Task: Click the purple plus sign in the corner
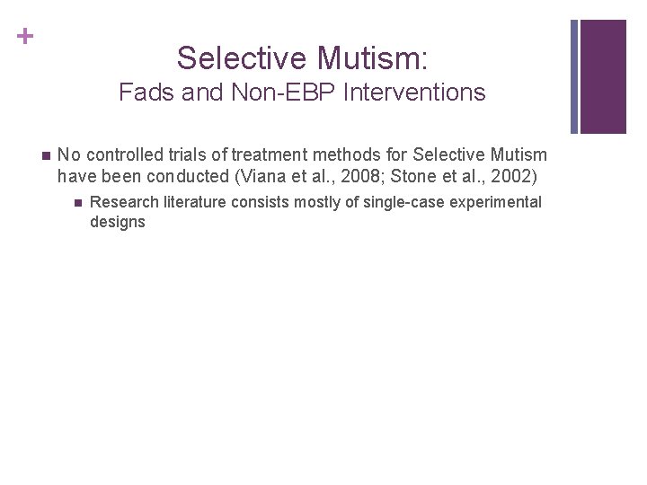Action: pyautogui.click(x=26, y=36)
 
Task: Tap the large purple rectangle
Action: pyautogui.click(x=603, y=76)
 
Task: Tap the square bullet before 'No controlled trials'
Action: pyautogui.click(x=47, y=155)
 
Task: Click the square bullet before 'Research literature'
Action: pyautogui.click(x=79, y=202)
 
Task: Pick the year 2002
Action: pyautogui.click(x=514, y=175)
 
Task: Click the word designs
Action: pyautogui.click(x=117, y=222)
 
